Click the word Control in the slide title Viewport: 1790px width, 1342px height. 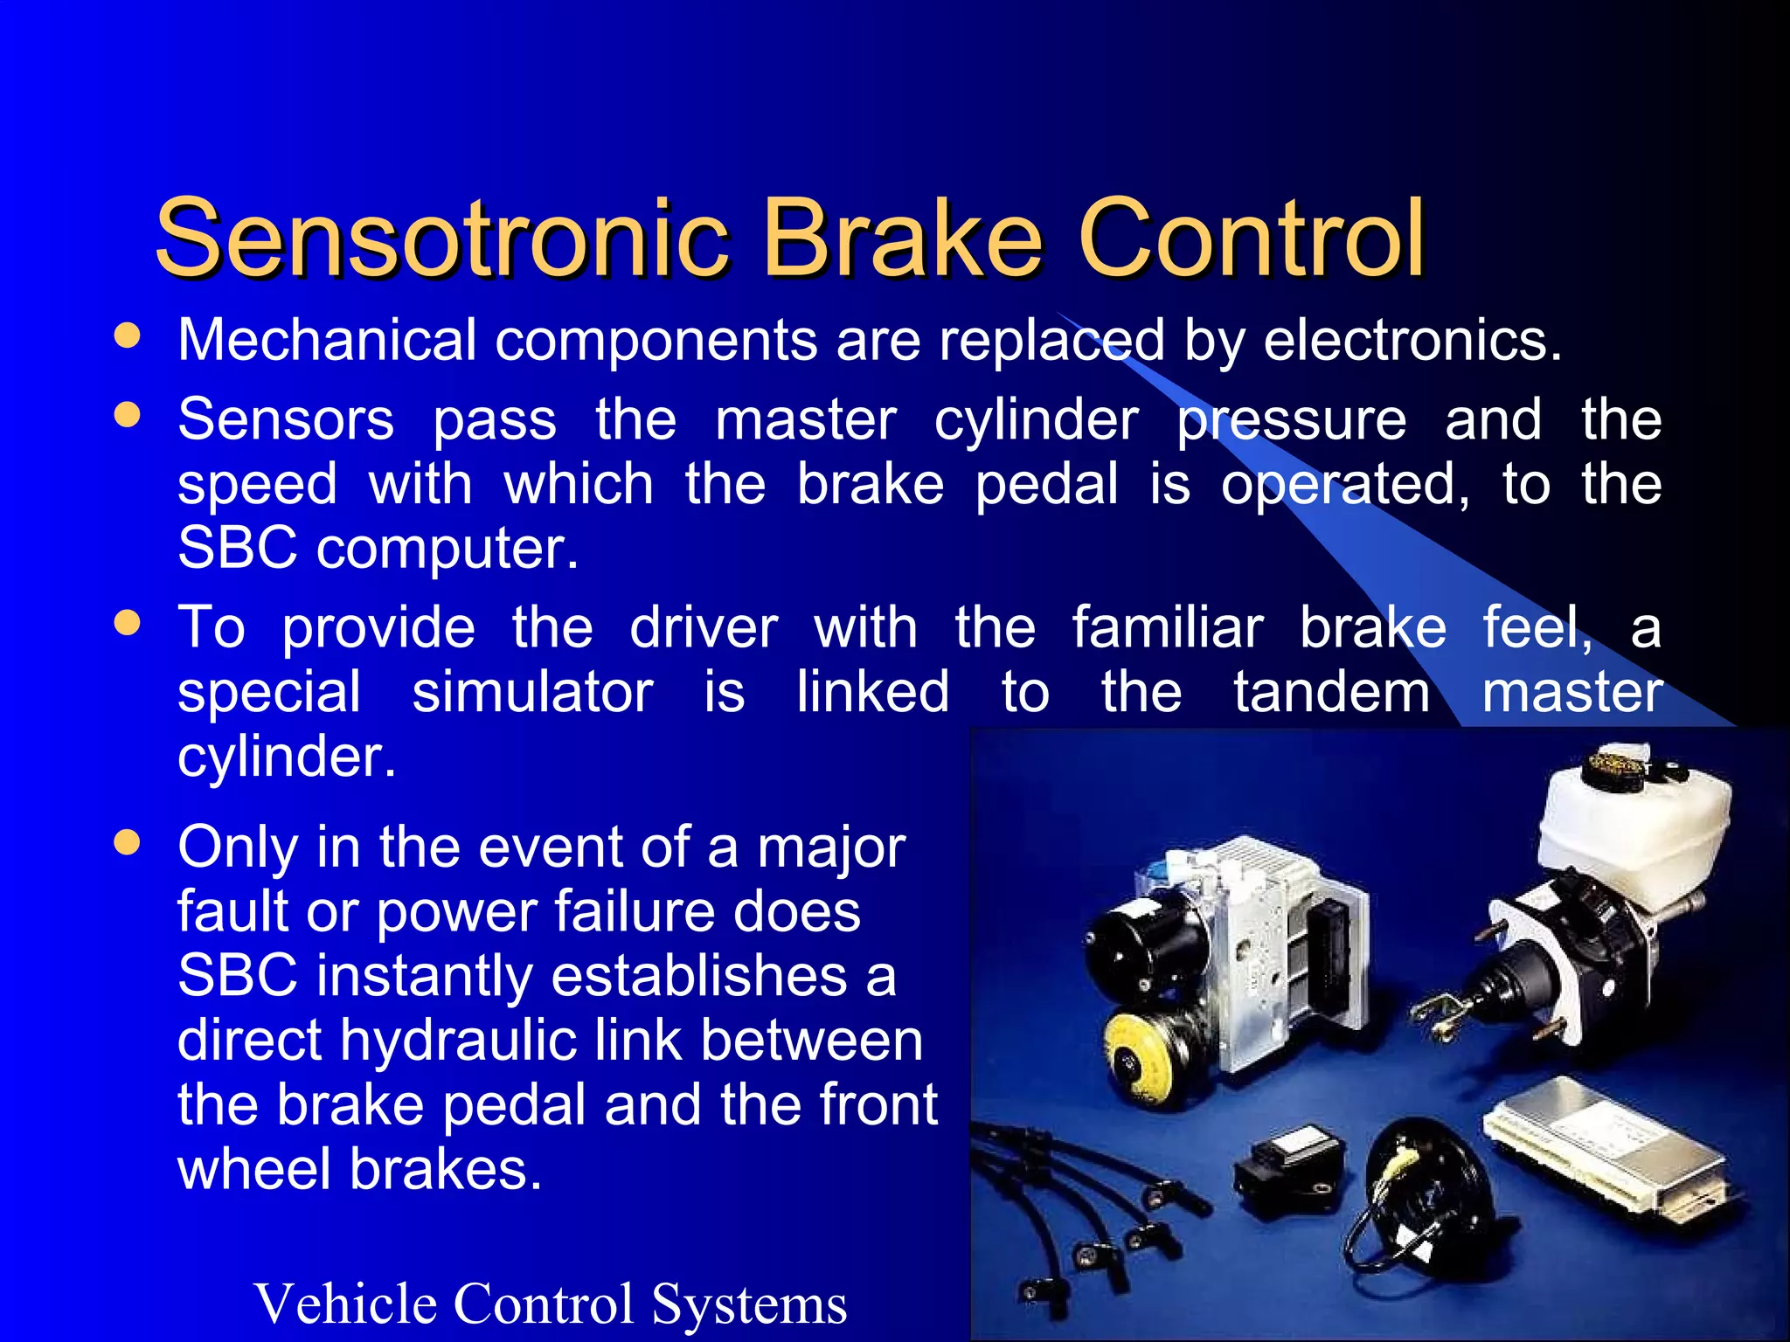(x=1252, y=238)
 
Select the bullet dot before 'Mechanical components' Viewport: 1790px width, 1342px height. (x=128, y=336)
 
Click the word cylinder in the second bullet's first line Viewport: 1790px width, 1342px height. (x=1036, y=420)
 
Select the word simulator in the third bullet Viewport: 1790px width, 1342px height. (x=532, y=692)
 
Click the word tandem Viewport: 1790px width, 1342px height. (x=1332, y=692)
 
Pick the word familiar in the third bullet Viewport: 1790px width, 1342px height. (x=1168, y=627)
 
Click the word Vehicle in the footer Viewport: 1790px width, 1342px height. (x=345, y=1303)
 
